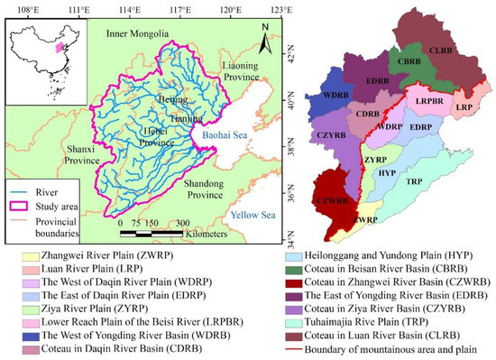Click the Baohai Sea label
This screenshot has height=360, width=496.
point(223,137)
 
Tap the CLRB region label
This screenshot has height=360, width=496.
point(443,51)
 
